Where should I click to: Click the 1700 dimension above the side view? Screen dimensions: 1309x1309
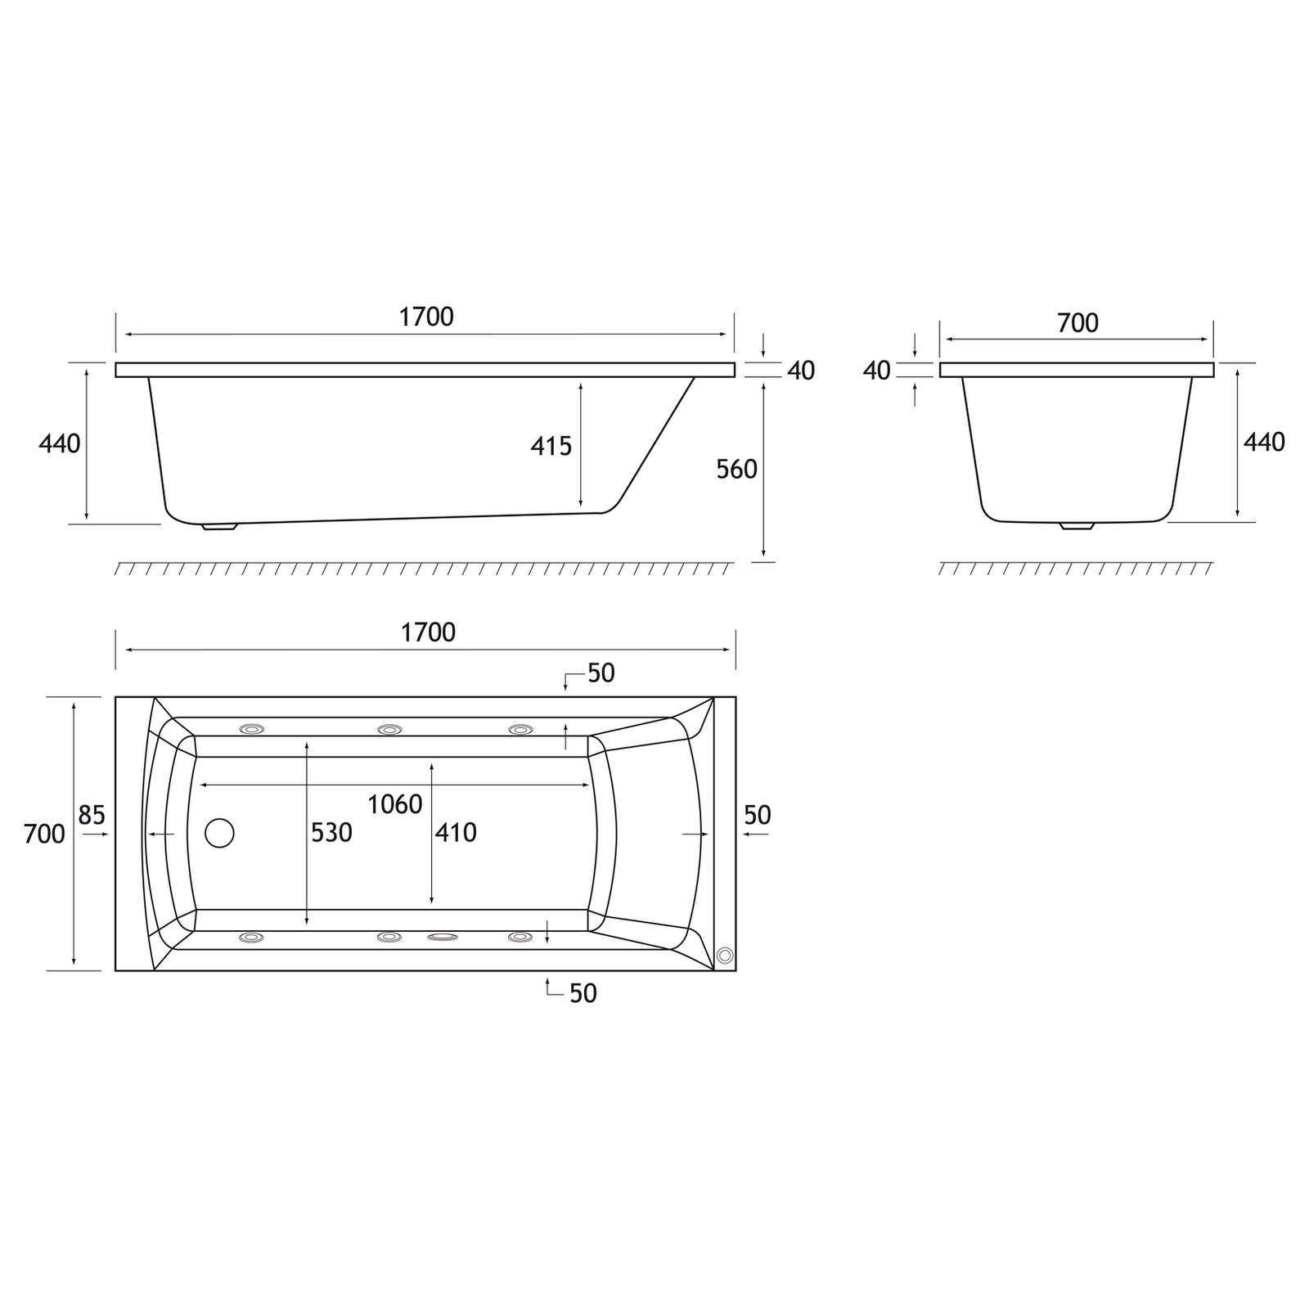coord(426,317)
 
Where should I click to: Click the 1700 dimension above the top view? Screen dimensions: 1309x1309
coord(428,632)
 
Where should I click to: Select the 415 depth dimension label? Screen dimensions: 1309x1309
coord(551,446)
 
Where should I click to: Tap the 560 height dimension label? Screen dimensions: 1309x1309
coord(736,470)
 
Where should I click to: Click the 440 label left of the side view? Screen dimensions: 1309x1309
coord(60,443)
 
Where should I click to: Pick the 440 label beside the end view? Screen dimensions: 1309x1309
coord(1264,443)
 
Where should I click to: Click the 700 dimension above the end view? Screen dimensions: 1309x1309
coord(1077,324)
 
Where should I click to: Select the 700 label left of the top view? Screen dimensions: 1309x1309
coord(44,834)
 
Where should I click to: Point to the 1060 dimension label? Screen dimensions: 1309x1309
coord(394,805)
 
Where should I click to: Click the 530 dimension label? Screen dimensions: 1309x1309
coord(331,833)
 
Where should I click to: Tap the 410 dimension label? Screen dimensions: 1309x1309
coord(455,833)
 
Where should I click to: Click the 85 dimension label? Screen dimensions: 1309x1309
coord(92,815)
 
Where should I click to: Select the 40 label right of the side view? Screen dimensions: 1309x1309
coord(801,371)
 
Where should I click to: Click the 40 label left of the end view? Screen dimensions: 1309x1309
coord(876,371)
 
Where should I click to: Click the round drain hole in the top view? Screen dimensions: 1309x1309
coord(219,833)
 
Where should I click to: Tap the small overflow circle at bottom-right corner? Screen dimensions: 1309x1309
coord(724,954)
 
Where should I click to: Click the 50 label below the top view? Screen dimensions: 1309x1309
coord(583,993)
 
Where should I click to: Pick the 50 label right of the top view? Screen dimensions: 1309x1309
coord(758,815)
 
